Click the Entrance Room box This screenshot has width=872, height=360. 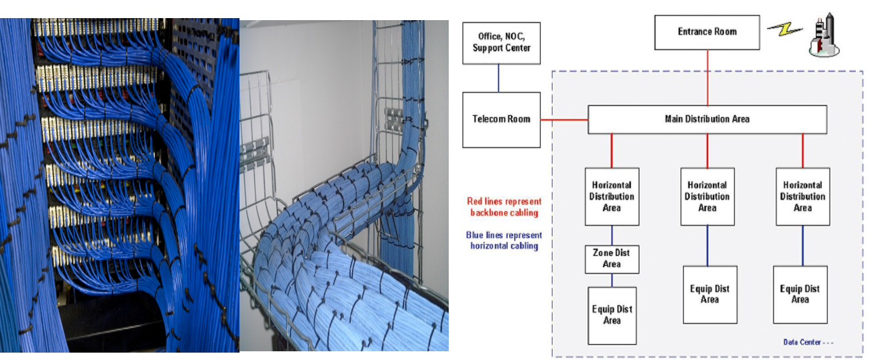point(707,32)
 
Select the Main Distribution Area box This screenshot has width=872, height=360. point(707,119)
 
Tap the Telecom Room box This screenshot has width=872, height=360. point(501,119)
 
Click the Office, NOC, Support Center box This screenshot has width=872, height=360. point(501,42)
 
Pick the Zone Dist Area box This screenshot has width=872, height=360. point(612,259)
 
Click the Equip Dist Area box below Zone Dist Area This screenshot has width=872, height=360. point(612,315)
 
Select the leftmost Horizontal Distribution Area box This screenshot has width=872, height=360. point(612,196)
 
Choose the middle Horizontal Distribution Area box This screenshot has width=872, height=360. point(707,196)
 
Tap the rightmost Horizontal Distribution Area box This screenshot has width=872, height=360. point(803,196)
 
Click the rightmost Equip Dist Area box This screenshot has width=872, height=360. point(800,294)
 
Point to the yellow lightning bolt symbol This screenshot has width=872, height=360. point(785,30)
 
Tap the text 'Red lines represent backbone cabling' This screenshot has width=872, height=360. point(504,206)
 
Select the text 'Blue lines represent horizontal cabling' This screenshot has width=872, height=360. point(504,241)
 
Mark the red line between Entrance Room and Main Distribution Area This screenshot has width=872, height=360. point(707,77)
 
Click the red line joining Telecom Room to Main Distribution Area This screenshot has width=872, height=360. point(564,121)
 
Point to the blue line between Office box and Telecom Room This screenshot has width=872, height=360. point(498,78)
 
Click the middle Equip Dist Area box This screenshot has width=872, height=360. point(710,294)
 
